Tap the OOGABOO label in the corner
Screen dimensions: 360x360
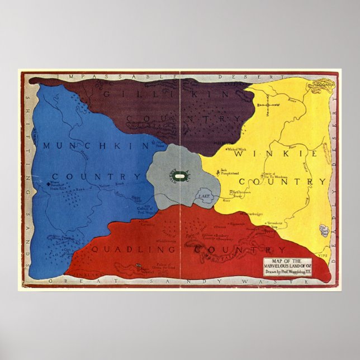323,84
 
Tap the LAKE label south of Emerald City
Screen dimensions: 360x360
203,197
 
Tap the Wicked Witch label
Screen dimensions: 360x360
237,149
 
